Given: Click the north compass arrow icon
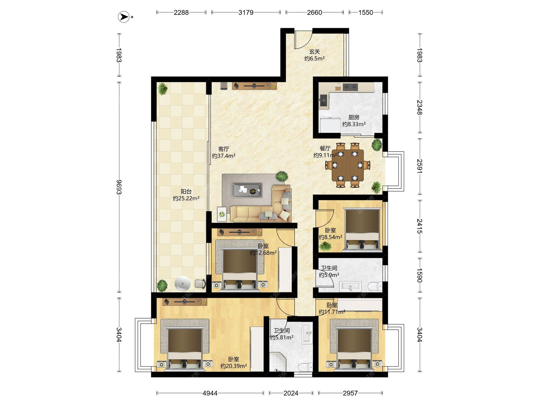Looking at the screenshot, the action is [124, 17].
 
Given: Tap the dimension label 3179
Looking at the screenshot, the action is [246, 12].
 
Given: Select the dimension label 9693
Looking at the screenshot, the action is [119, 187].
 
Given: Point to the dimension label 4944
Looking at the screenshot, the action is [210, 393].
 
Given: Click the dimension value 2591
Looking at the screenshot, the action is [419, 166].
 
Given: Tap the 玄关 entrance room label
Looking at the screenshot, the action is [314, 52].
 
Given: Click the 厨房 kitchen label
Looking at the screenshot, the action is [354, 117].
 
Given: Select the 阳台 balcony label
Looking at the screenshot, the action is [186, 192].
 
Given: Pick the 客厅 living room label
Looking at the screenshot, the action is [224, 149].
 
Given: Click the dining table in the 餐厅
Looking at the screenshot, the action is [348, 165].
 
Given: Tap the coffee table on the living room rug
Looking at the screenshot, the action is [247, 190].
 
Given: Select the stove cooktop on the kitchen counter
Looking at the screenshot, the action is [350, 87].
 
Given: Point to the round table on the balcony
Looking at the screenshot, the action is [182, 283].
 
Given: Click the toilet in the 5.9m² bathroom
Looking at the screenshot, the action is [375, 286].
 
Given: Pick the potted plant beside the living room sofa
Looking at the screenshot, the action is [282, 176].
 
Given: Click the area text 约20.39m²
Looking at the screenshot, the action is [234, 366].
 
